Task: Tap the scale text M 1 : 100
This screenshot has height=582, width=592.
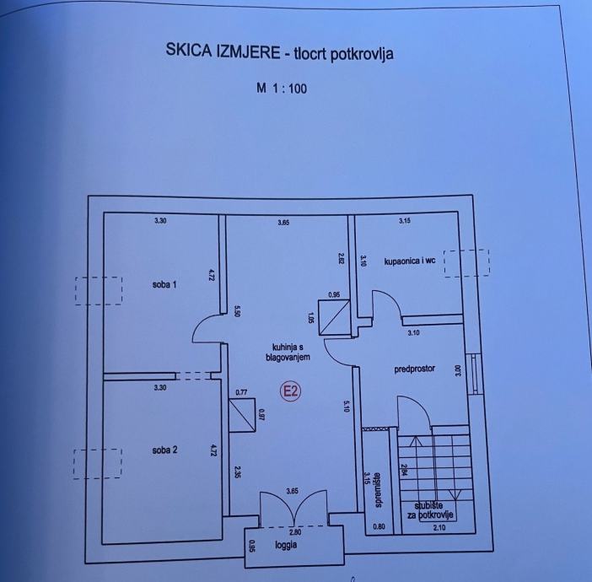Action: point(282,87)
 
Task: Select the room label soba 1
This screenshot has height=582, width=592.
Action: point(164,284)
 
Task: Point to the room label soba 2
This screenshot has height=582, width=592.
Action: point(164,450)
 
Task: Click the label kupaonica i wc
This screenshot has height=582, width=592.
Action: point(410,261)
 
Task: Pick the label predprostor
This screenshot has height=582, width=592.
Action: point(414,369)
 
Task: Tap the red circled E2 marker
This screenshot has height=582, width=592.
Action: point(291,391)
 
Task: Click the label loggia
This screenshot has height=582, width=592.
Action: point(286,545)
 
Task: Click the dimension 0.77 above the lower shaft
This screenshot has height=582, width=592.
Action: point(242,392)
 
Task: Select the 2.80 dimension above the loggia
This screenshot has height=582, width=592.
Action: point(293,531)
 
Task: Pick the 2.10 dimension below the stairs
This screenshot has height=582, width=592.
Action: point(440,528)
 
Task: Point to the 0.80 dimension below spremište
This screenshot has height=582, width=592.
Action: point(378,528)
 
